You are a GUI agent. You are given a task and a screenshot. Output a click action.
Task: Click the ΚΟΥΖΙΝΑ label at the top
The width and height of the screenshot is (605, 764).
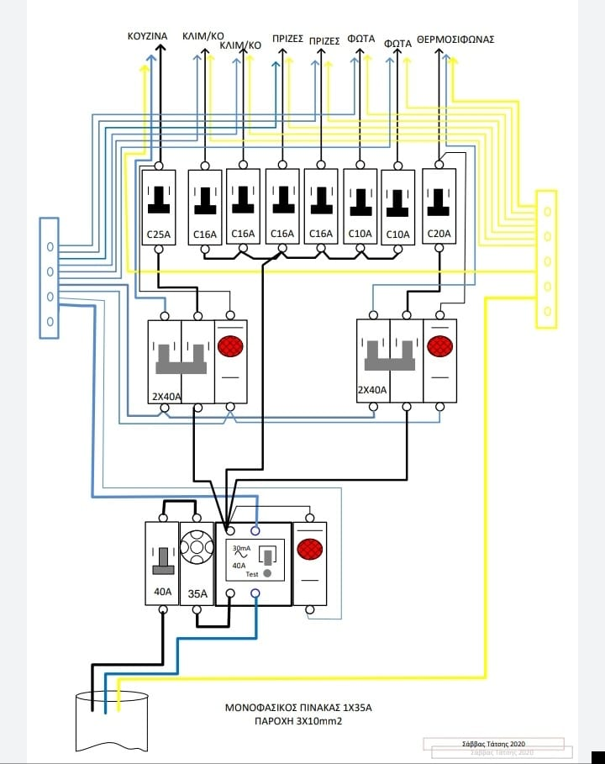[147, 36]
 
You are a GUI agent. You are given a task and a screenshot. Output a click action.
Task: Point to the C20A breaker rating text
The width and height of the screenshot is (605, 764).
[438, 234]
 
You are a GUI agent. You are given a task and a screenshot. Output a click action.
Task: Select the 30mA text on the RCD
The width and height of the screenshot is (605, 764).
[240, 550]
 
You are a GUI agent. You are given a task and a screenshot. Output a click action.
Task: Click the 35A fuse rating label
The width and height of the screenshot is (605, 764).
[197, 593]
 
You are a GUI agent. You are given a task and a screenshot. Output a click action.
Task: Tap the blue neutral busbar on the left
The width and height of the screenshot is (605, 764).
[50, 277]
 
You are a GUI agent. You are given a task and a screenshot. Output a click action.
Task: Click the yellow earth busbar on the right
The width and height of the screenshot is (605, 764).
[546, 257]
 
